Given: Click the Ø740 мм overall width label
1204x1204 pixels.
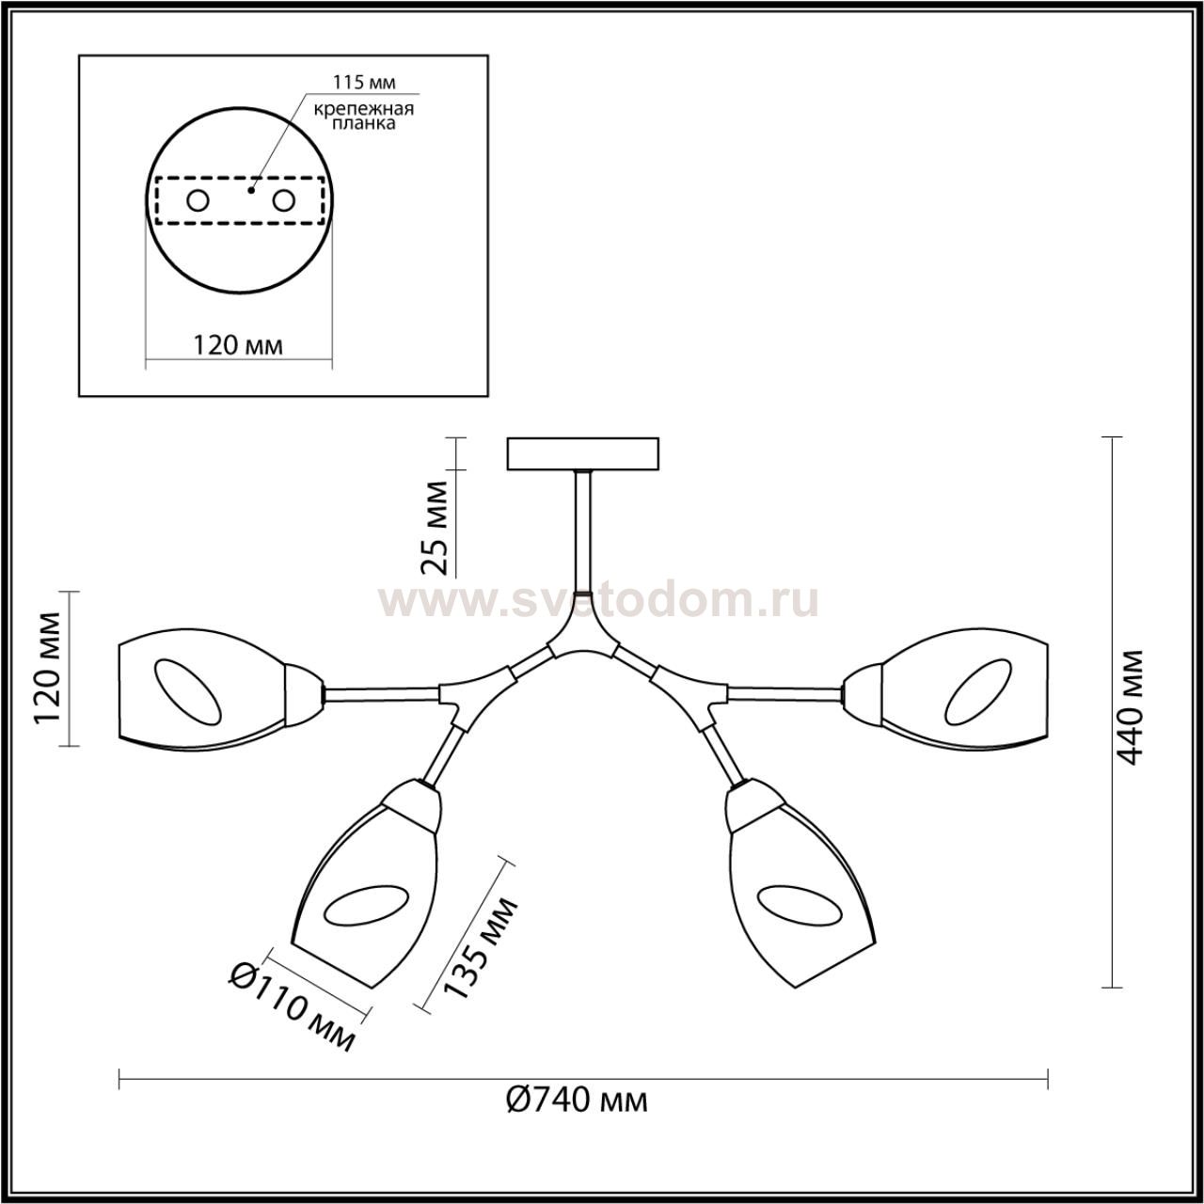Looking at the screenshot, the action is [576, 1118].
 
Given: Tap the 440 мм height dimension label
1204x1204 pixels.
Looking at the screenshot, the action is [1130, 708].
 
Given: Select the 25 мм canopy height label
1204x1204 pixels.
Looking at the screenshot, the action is [435, 529].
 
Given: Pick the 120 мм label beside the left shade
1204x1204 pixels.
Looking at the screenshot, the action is [48, 669].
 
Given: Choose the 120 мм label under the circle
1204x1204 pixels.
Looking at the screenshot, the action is [237, 345].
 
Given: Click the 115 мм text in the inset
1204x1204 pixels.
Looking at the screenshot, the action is [363, 82].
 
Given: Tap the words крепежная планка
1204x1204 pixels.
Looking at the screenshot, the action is [364, 116].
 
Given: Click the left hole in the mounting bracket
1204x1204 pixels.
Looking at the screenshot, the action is [198, 201].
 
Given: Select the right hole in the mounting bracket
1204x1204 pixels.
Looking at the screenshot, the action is [284, 201].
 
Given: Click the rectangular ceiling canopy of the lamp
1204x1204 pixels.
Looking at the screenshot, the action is [583, 453].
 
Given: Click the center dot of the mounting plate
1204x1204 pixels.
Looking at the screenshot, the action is [251, 191].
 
